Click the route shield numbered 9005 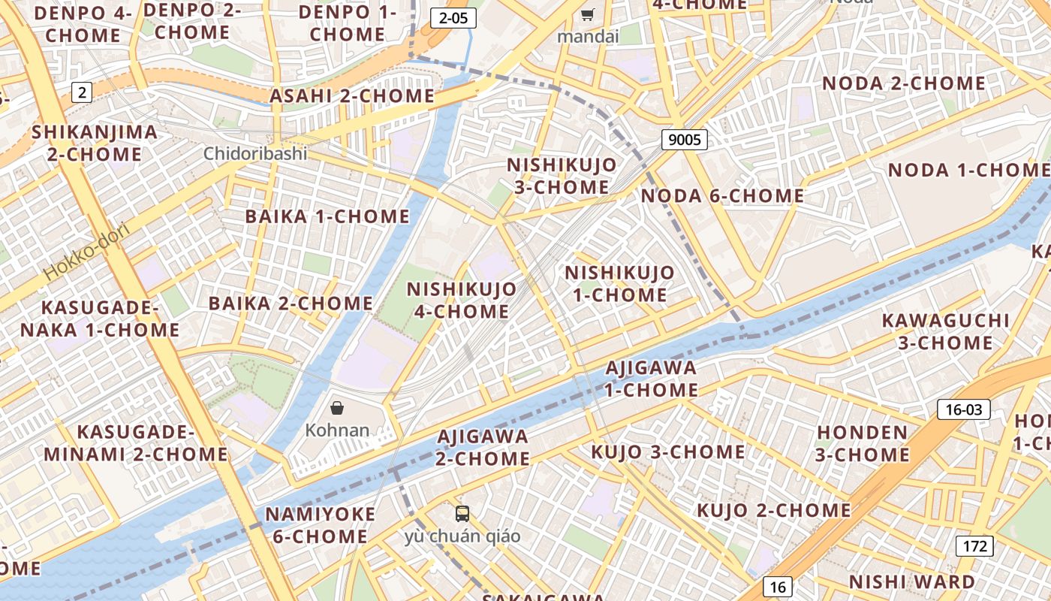click(x=685, y=139)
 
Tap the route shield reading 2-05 click(x=453, y=18)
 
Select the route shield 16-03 click(x=964, y=409)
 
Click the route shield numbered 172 click(x=974, y=546)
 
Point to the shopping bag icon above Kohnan click(x=337, y=408)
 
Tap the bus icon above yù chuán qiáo click(x=462, y=514)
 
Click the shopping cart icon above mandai click(x=588, y=15)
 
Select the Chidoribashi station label click(x=255, y=153)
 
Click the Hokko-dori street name click(x=86, y=251)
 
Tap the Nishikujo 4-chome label click(x=462, y=300)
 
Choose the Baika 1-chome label click(x=327, y=216)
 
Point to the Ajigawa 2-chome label click(x=483, y=447)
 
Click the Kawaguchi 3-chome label click(x=945, y=331)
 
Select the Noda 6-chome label click(x=722, y=196)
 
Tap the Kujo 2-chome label click(x=773, y=510)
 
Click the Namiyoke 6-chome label click(x=320, y=525)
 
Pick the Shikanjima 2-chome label click(x=95, y=143)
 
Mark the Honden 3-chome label click(x=863, y=443)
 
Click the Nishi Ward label click(x=911, y=581)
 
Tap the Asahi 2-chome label click(x=352, y=96)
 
